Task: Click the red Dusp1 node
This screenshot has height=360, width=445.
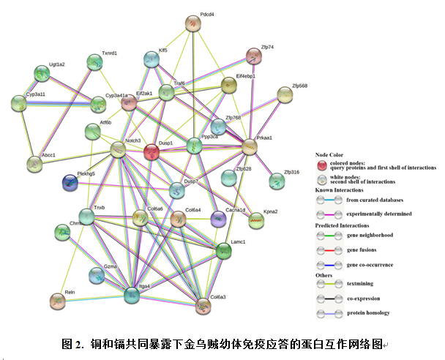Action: coord(151,152)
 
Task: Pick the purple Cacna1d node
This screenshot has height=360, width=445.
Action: coord(217,218)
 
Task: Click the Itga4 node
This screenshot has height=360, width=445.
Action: coord(132,295)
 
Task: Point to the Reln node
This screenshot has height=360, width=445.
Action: coord(57,299)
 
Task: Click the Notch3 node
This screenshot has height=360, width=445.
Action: coord(118,150)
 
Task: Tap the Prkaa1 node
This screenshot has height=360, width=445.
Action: coord(250,146)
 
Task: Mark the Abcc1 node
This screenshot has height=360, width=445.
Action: coord(34,163)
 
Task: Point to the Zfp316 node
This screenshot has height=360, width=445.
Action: coord(276,180)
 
